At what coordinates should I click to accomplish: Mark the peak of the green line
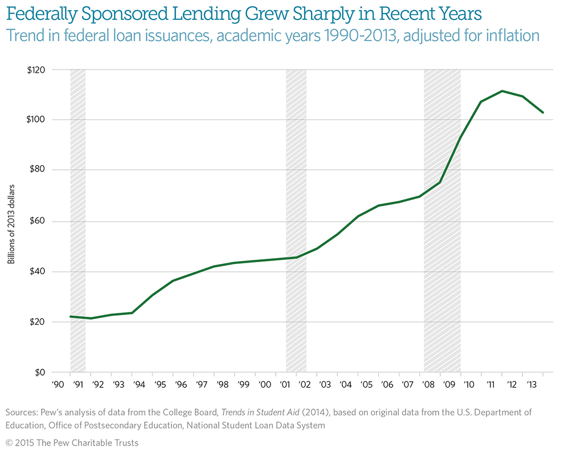[x=502, y=91]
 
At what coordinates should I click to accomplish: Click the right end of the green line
[x=543, y=112]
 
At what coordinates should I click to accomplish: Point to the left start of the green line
[x=70, y=316]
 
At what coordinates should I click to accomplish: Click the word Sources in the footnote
[x=22, y=411]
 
